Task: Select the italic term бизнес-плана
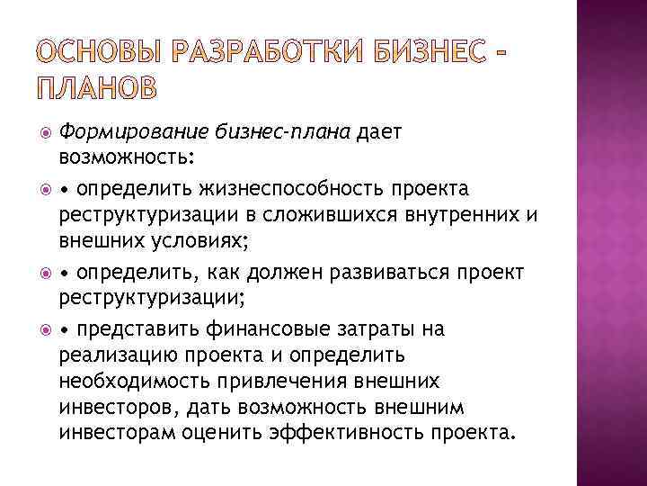(285, 132)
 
